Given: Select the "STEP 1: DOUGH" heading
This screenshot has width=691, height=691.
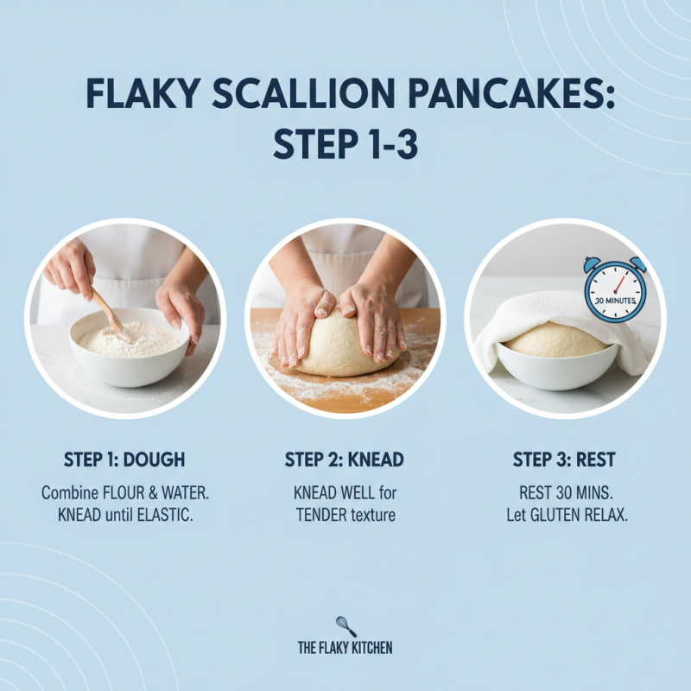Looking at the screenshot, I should pos(124,460).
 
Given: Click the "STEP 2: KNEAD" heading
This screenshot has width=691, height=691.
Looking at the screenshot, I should pos(345,460).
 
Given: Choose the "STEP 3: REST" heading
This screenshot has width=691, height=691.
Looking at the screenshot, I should pos(565,460).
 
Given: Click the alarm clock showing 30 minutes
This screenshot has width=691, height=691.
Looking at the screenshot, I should pos(614,289).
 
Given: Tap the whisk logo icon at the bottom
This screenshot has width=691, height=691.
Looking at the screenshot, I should pos(345,625).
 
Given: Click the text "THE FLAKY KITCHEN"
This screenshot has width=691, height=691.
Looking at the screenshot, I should pos(345,648).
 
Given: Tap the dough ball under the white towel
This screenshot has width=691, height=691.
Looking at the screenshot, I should pos(555,339).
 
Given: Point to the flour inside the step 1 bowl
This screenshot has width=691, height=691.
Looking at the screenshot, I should pos(130,339).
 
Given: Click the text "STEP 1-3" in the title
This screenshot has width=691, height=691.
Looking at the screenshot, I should pos(345,144).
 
